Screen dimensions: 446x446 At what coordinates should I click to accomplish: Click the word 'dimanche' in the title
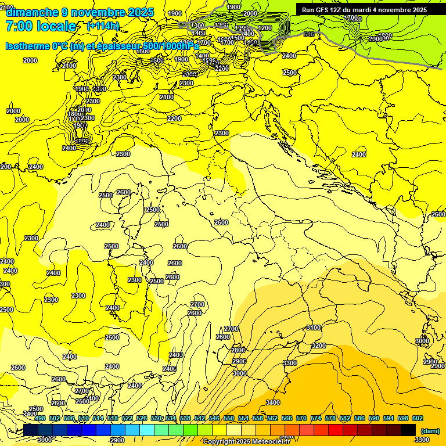tap(32, 12)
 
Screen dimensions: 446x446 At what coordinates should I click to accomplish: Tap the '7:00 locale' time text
tap(41, 26)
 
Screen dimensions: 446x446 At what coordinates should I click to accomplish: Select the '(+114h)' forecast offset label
tap(103, 26)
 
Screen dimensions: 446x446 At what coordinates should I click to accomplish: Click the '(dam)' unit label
tap(430, 431)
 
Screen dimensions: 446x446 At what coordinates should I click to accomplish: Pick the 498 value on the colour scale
tap(40, 419)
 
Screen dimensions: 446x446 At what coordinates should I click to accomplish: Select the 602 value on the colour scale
tap(418, 419)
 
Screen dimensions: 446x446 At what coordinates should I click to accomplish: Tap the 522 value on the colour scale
tap(127, 419)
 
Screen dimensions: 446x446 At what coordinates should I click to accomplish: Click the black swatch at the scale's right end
tap(408, 430)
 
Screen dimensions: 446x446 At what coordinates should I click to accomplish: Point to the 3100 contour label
tap(314, 328)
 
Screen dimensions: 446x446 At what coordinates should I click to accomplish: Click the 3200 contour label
tap(318, 346)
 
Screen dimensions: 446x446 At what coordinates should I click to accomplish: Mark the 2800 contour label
tap(238, 351)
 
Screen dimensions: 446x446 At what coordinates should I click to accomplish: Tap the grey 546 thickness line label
tap(308, 35)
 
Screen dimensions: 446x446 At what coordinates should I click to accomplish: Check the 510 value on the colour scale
tap(84, 419)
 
